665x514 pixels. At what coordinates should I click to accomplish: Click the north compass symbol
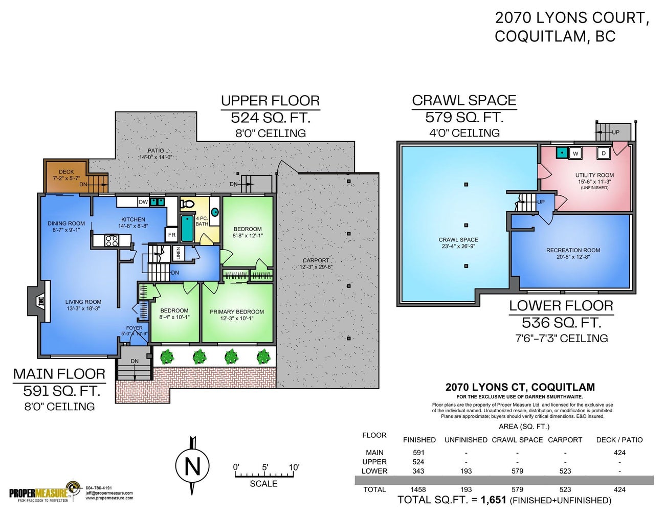(192, 466)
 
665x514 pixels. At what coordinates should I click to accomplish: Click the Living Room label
(83, 305)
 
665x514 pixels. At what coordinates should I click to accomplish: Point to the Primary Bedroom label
(237, 315)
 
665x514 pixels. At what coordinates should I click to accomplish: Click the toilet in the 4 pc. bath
(188, 204)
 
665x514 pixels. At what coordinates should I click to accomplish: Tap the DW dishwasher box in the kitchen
(143, 202)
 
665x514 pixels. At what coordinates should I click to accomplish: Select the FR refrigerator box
(172, 235)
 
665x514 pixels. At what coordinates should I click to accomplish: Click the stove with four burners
(112, 240)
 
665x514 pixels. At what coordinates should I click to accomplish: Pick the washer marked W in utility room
(575, 153)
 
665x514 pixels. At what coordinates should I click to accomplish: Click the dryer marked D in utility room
(604, 153)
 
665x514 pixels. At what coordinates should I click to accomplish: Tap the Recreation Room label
(573, 253)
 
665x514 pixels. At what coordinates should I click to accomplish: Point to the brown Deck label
(66, 175)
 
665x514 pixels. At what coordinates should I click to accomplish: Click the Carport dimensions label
(316, 263)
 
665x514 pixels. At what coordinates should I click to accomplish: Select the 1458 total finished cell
(418, 489)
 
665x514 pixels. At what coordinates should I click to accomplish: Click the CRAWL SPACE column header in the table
(517, 440)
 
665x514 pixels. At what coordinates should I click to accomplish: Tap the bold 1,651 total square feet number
(493, 500)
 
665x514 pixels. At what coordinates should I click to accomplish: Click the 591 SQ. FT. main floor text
(61, 391)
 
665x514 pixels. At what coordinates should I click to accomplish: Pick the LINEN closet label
(179, 253)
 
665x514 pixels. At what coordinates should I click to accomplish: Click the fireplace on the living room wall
(39, 302)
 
